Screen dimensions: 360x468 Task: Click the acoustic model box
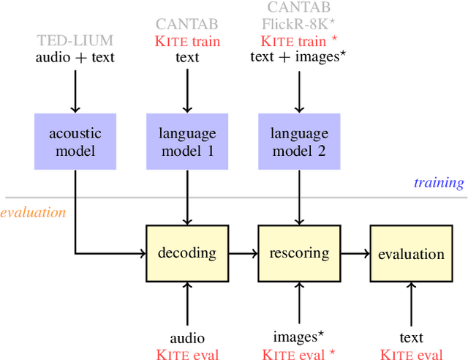pos(75,141)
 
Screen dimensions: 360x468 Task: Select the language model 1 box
pos(188,141)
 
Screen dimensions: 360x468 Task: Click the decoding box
pos(188,253)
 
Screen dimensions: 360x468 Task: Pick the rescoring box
pos(298,253)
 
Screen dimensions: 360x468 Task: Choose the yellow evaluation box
pos(411,253)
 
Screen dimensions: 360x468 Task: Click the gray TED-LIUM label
pos(75,41)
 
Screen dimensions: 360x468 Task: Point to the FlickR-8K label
pos(298,24)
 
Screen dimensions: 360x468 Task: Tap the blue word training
pos(439,183)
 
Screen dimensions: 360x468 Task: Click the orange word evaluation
pos(33,213)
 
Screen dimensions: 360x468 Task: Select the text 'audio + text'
pos(75,56)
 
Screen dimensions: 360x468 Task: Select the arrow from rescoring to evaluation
pos(355,253)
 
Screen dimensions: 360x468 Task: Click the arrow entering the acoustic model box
pos(75,91)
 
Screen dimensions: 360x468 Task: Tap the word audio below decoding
pos(188,338)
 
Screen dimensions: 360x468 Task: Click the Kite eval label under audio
pos(188,353)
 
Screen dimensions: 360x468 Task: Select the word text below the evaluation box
pos(411,338)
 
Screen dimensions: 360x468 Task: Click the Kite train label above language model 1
pos(188,41)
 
